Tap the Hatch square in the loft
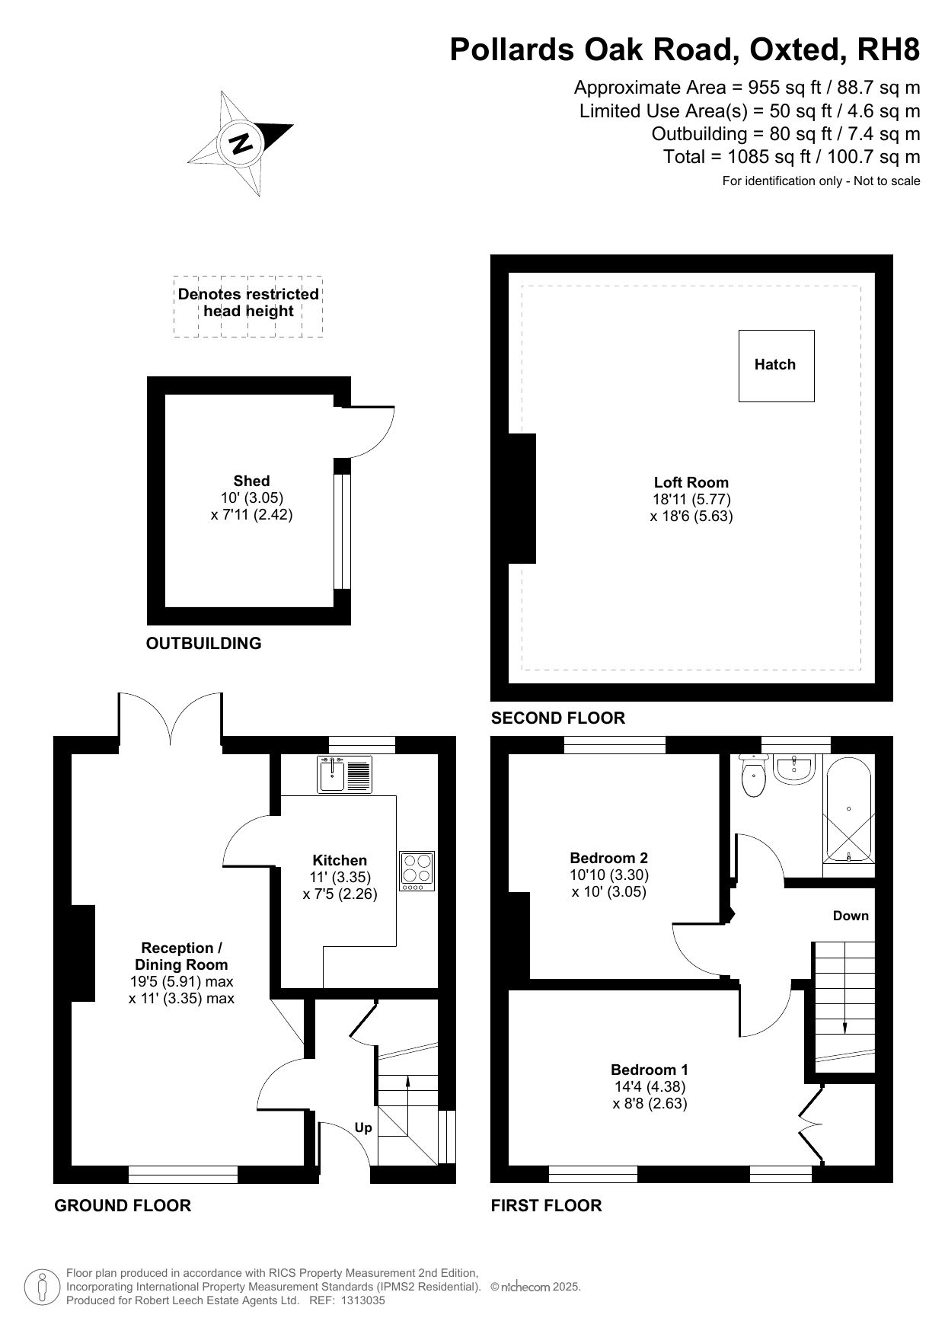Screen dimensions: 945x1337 776,366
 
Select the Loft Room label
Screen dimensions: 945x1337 691,482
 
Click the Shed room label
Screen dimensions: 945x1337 251,481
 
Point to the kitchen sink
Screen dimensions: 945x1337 344,774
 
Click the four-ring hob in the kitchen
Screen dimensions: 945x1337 417,871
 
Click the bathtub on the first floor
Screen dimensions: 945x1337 848,810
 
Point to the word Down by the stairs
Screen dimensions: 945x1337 851,916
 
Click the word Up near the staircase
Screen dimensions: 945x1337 363,1127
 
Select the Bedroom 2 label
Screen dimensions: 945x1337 609,859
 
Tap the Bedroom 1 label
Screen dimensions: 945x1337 650,1070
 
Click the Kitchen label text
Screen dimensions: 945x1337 340,861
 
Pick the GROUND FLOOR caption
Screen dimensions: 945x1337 123,1205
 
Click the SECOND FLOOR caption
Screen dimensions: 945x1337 558,718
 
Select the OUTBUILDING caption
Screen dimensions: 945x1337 203,643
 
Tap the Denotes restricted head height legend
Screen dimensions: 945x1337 248,302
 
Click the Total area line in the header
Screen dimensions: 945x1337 792,157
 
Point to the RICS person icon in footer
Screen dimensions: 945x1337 43,1287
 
